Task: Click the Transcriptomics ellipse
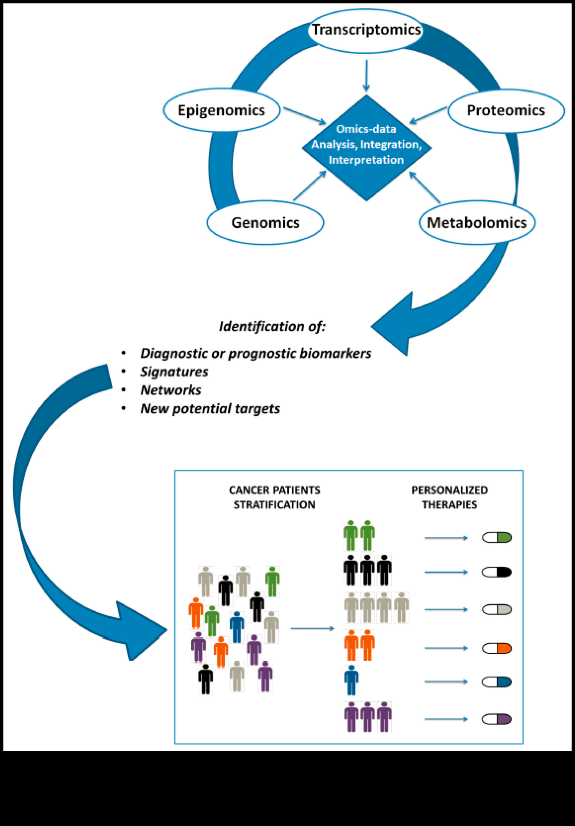[366, 31]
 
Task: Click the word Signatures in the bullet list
[174, 372]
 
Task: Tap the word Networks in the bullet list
[171, 390]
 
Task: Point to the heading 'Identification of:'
[272, 326]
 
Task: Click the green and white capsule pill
[497, 538]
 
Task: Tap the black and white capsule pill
[497, 572]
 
